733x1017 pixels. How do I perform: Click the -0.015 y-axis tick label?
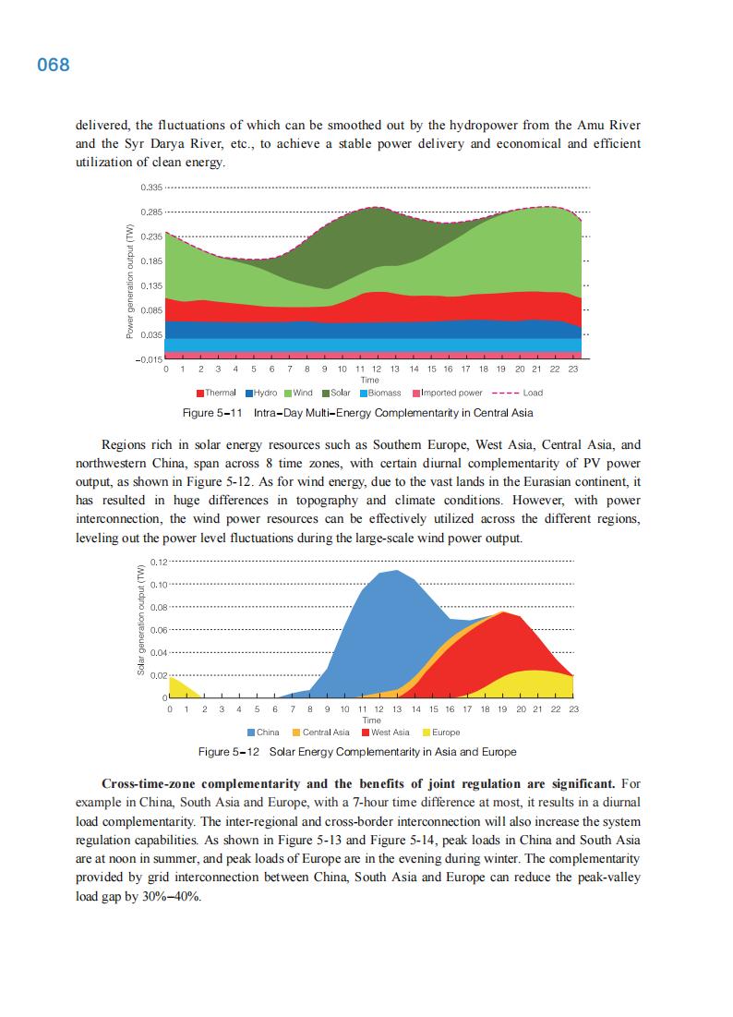click(x=150, y=358)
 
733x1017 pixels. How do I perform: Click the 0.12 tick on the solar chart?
click(x=159, y=562)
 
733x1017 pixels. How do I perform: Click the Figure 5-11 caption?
click(x=366, y=413)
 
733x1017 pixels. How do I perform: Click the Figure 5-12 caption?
click(x=357, y=752)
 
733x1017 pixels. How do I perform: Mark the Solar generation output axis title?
click(x=141, y=628)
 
